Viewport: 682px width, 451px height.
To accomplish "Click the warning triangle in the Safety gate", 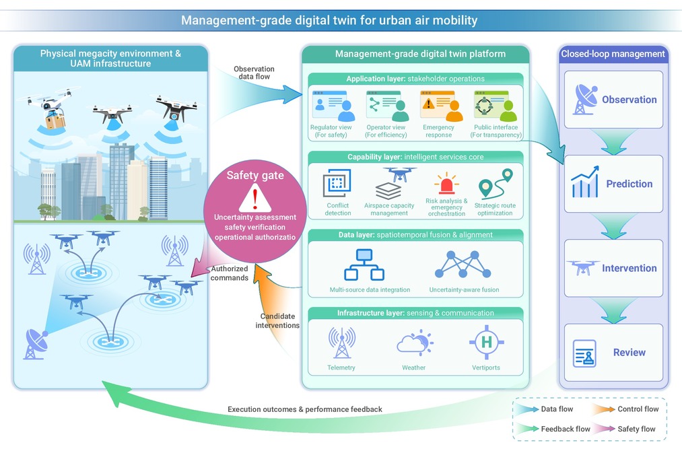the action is click(255, 199).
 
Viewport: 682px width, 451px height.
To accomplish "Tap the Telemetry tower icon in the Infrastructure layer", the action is click(342, 343).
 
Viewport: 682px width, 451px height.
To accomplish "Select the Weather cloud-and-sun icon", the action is click(415, 341).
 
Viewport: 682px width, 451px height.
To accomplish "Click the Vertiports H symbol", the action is click(486, 342).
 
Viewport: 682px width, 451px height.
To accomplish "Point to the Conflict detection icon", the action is click(337, 184).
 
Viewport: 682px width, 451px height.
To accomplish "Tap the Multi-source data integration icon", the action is click(364, 265).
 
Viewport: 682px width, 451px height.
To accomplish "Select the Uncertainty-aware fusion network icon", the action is click(463, 265).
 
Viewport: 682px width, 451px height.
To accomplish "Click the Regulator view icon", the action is click(334, 106).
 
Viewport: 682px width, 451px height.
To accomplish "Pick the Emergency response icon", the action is click(442, 106).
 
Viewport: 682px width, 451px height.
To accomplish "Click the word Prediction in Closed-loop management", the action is click(629, 184).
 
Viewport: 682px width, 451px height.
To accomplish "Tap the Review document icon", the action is click(584, 353).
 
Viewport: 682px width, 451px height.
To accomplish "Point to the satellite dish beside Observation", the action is click(585, 99).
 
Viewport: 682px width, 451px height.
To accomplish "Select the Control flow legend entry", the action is click(626, 409).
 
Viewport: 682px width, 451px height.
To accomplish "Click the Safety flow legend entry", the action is click(624, 429).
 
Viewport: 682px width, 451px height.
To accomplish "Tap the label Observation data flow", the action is click(254, 73).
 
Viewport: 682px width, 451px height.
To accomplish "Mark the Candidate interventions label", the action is click(277, 320).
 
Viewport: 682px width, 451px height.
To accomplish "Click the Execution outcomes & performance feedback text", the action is click(305, 409).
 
